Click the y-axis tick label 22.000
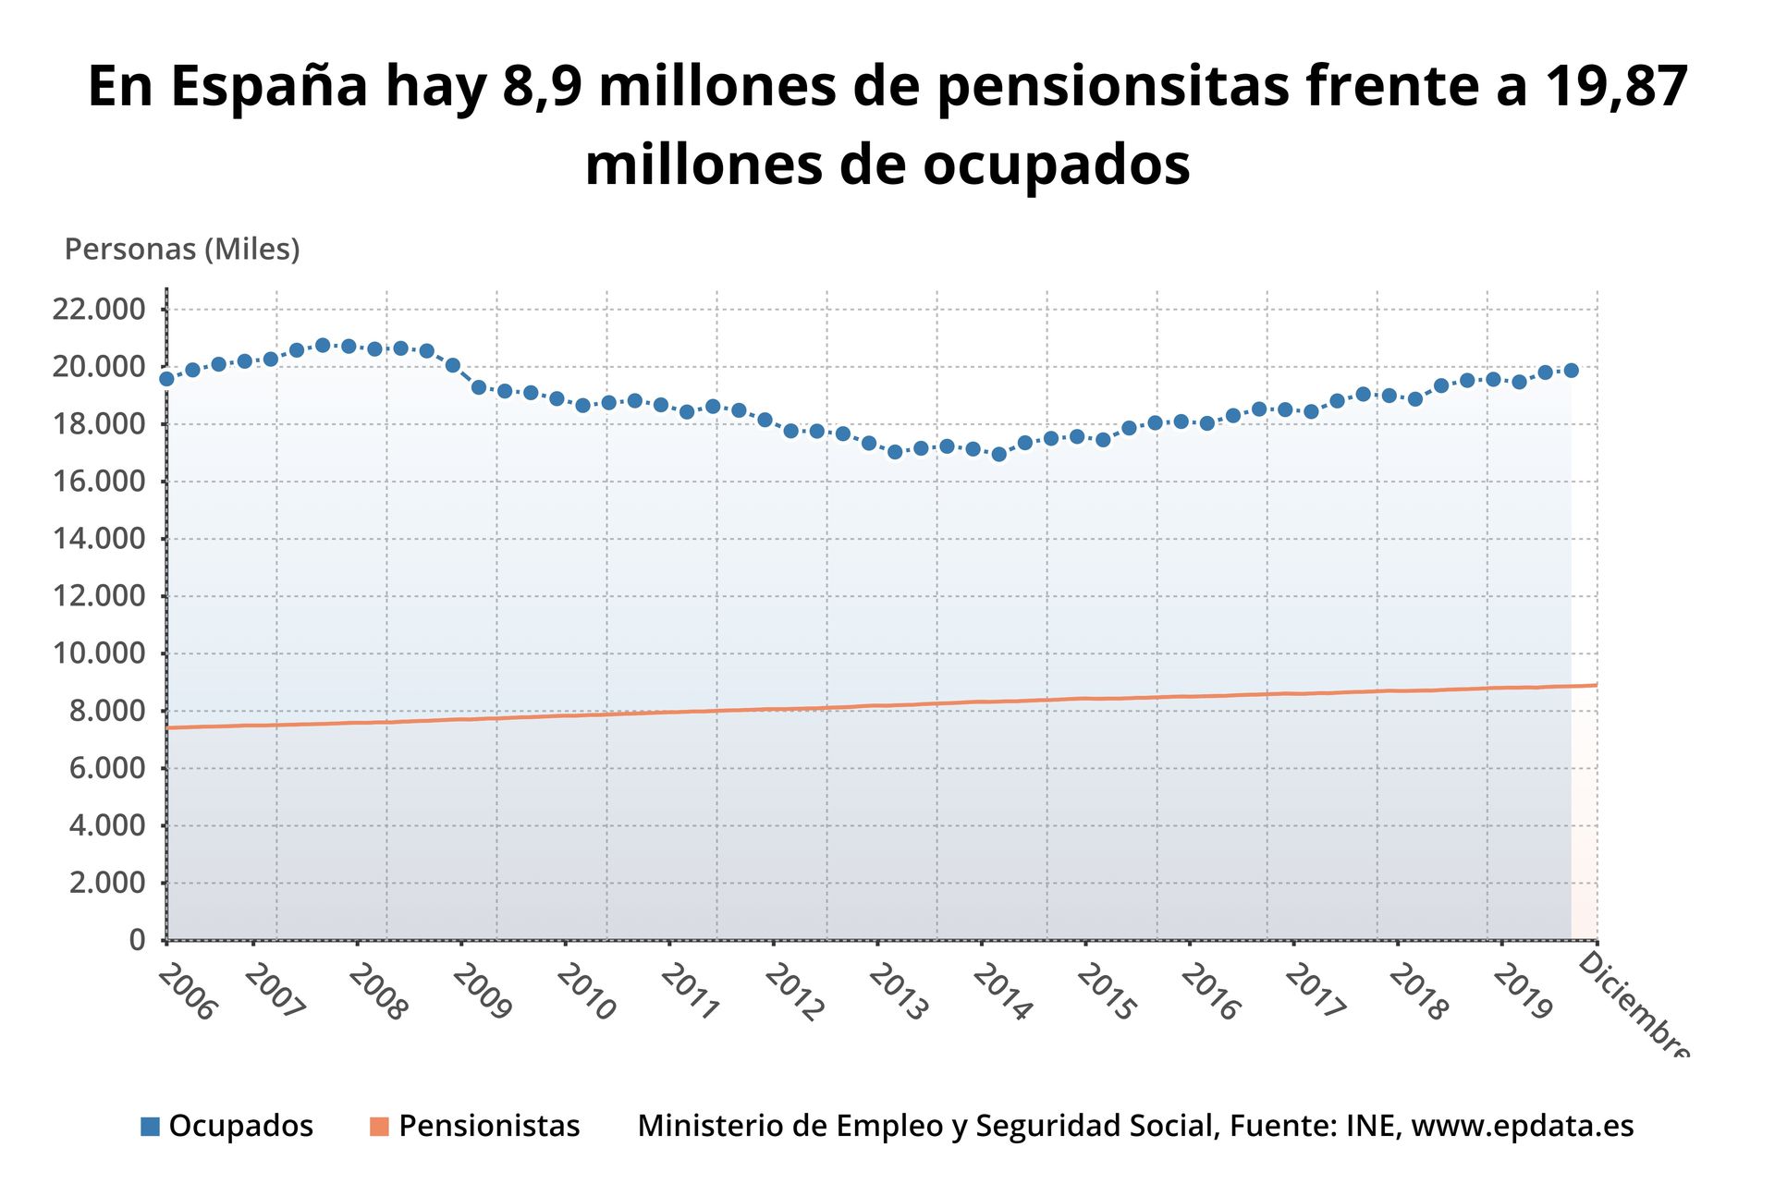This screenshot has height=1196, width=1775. tap(99, 309)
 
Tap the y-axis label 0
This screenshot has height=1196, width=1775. tap(138, 940)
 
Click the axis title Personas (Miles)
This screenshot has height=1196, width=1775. tap(182, 250)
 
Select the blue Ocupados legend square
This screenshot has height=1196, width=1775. tap(150, 1127)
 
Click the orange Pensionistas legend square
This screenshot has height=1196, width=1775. tap(379, 1127)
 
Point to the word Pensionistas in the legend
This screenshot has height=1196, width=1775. tap(489, 1126)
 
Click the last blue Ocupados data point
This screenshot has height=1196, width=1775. tap(1571, 371)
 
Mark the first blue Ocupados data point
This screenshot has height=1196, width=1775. tap(167, 379)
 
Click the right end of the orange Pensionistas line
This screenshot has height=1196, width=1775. tap(1596, 685)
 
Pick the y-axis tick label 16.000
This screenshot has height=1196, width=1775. tap(99, 482)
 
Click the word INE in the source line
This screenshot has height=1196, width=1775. tap(1373, 1126)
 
